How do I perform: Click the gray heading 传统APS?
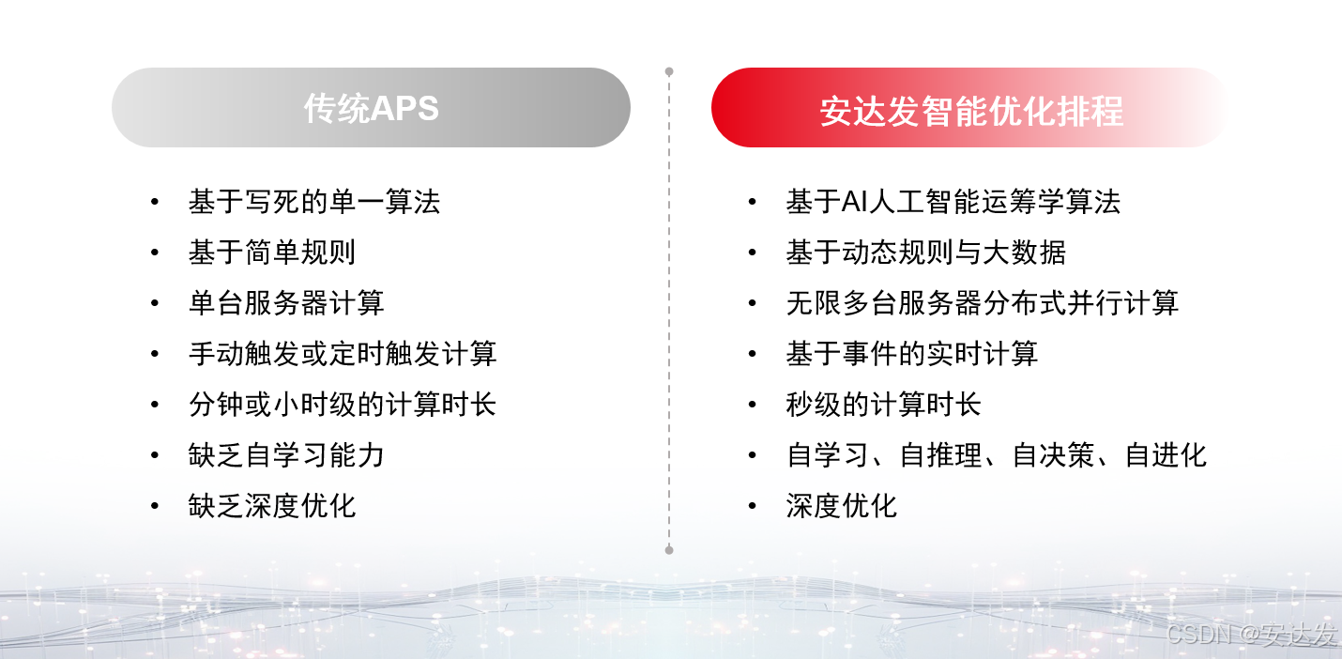coord(371,108)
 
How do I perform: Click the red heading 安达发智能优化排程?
coord(970,110)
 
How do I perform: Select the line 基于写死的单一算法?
coord(313,202)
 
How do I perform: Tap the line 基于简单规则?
coord(271,253)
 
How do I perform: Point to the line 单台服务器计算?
coord(286,303)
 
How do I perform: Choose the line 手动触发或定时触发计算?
coord(342,354)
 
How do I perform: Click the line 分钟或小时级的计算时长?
coord(342,405)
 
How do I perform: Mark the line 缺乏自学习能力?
coord(286,455)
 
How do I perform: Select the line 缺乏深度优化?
coord(271,506)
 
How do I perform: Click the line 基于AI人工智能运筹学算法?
coord(953,202)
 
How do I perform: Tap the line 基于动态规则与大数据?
coord(925,253)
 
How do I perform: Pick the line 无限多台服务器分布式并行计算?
coord(982,303)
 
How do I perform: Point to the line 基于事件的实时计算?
coord(911,354)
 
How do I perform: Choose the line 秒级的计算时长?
coord(883,405)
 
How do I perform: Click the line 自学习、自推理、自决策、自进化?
coord(996,455)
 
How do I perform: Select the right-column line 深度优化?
coord(841,506)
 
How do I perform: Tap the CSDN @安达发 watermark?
coord(1250,634)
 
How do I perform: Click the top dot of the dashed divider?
coord(669,71)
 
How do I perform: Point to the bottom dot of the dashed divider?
coord(669,549)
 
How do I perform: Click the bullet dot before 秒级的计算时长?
coord(752,405)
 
